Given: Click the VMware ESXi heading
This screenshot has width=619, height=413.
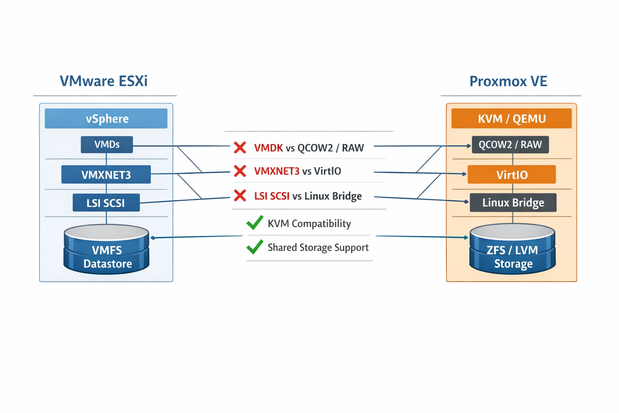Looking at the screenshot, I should (104, 81).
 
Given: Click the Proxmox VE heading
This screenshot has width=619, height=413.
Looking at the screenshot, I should (508, 81).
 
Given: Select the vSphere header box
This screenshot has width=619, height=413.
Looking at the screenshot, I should (106, 119).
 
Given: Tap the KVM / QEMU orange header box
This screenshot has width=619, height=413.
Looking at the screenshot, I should (511, 119).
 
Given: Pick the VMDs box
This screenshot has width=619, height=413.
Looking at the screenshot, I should (107, 145).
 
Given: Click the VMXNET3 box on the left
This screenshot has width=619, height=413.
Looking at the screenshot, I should (106, 175).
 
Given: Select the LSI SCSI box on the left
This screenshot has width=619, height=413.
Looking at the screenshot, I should (106, 203).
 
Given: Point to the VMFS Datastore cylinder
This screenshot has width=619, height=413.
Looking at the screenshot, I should (107, 250).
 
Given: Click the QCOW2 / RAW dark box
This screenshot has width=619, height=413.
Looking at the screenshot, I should (510, 145).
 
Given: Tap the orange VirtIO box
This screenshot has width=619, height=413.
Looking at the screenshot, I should (512, 175).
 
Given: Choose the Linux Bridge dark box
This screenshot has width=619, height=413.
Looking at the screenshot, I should (513, 202).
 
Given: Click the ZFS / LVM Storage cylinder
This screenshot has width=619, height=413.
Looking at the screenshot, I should (513, 250).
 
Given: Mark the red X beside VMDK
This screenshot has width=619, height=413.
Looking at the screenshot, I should (240, 148).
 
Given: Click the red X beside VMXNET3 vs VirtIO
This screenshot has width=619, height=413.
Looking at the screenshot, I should (240, 171).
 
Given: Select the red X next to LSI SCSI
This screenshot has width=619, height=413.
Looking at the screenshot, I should (240, 196).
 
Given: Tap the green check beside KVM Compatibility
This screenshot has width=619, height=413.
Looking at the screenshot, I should (255, 223).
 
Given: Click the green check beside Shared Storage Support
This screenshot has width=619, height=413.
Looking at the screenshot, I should (255, 247).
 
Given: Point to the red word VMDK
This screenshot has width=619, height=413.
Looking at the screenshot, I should (268, 148).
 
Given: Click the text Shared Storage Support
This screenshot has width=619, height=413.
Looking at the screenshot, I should (318, 247).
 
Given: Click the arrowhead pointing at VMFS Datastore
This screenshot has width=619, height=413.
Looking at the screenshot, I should (153, 238).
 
